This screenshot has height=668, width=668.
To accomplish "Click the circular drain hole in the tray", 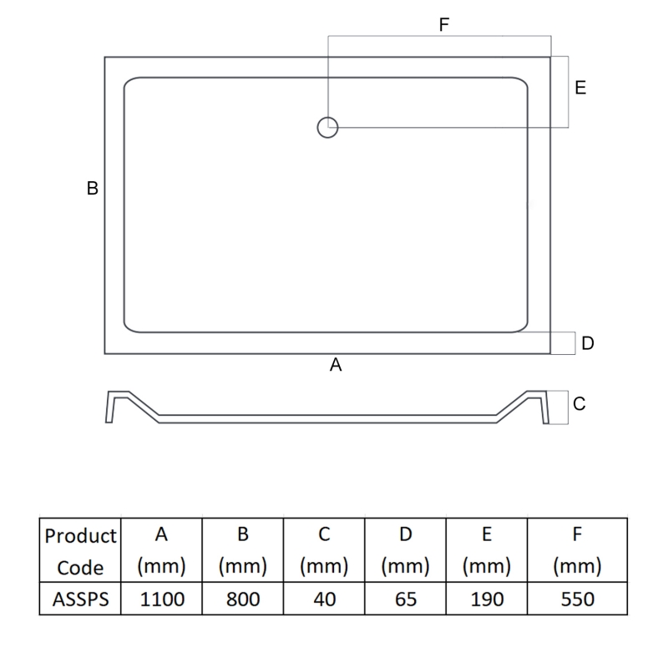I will (x=327, y=127).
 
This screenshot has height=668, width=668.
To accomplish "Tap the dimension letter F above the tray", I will (x=444, y=25).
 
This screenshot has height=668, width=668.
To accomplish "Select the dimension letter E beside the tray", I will (x=580, y=88).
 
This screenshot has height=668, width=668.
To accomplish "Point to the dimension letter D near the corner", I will (x=587, y=343).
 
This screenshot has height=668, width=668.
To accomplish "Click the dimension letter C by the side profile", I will (x=579, y=404).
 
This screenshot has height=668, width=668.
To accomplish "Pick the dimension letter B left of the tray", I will (x=93, y=189).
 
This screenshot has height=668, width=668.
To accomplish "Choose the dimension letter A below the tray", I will (x=337, y=364).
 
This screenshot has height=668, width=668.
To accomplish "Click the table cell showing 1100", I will (x=162, y=599).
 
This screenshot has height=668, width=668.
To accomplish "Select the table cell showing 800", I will (x=242, y=599).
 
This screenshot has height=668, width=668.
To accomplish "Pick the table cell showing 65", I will (x=405, y=599).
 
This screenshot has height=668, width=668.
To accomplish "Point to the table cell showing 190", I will (x=486, y=599).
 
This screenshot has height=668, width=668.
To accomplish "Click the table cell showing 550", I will (x=577, y=599).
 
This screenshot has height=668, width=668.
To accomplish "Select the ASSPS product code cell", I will (x=80, y=599).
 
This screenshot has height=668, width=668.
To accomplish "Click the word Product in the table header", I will (x=80, y=535).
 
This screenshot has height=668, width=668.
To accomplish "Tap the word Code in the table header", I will (x=80, y=568).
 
